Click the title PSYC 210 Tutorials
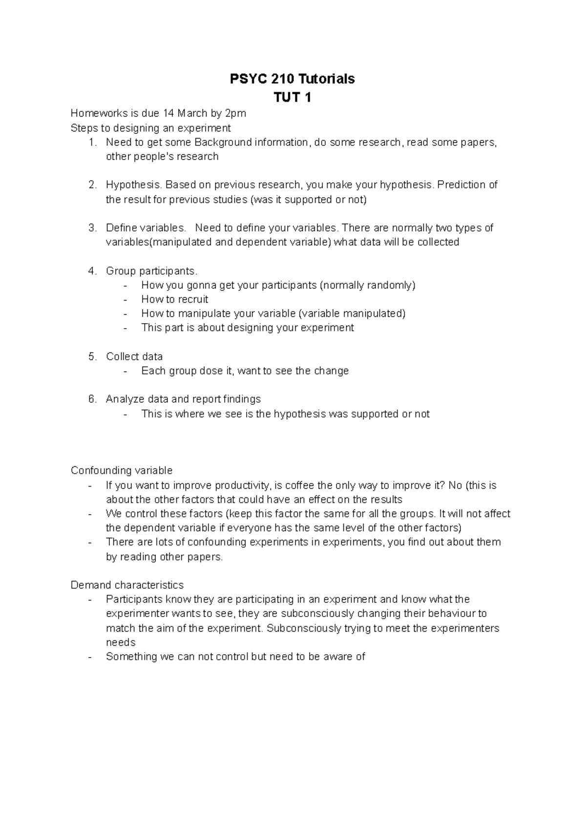coord(293,79)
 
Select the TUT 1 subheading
coord(293,98)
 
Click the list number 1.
coord(92,143)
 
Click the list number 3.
coord(92,228)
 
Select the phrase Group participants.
coord(151,271)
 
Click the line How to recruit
coord(174,299)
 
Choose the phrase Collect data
coord(134,356)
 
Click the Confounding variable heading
coord(122,471)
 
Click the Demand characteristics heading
coord(127,585)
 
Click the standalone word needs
coord(121,642)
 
